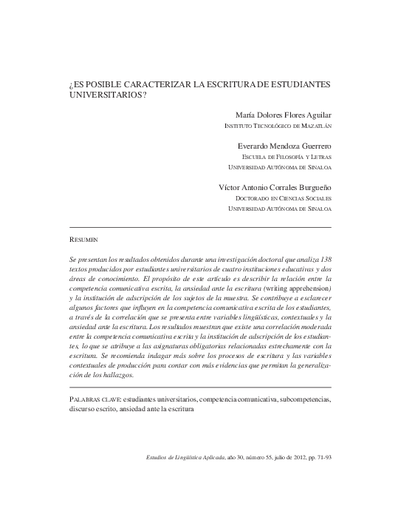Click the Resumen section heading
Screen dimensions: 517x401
tap(83, 240)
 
